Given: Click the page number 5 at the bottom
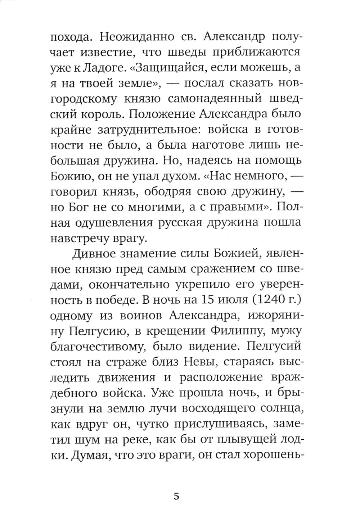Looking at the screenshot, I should [176, 497].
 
